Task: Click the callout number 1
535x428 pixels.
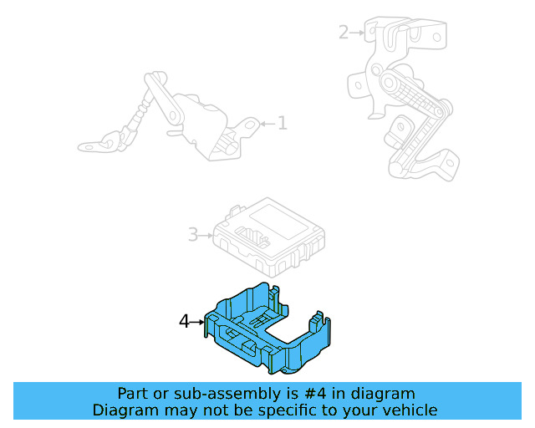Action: click(x=283, y=124)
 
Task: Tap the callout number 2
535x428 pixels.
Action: click(x=344, y=33)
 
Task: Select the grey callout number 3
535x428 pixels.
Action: click(x=192, y=235)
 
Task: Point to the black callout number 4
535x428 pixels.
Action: click(x=185, y=321)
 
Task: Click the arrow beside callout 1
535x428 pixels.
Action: click(x=267, y=124)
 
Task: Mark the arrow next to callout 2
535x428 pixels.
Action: click(x=358, y=33)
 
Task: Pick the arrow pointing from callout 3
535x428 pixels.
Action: click(x=206, y=235)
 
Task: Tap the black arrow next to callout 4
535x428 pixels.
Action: click(x=199, y=321)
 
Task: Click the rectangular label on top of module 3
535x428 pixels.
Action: click(x=277, y=217)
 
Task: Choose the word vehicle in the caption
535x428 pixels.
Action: click(x=410, y=410)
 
